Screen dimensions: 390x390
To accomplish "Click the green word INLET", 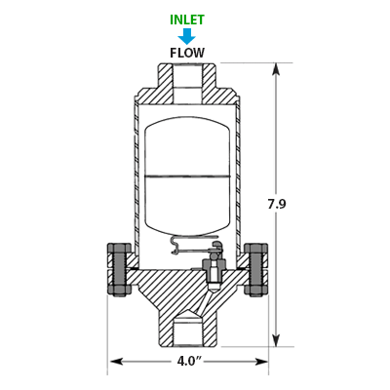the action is point(187,19).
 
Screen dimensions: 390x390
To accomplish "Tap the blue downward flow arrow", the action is point(187,36).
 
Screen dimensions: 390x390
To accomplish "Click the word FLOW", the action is point(187,53).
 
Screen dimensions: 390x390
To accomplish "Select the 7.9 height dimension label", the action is point(277,204).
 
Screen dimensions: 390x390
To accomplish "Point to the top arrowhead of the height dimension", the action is point(276,69).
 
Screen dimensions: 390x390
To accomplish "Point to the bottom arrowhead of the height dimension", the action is point(276,339).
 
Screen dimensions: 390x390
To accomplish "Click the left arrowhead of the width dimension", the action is point(116,362).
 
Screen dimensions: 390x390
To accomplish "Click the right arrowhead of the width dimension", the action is point(260,362).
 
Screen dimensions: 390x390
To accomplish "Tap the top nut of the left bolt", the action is point(119,249).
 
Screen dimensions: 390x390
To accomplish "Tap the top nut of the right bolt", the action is point(256,249).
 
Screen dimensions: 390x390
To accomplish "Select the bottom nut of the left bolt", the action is point(119,291).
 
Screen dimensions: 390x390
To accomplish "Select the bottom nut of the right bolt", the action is point(256,291).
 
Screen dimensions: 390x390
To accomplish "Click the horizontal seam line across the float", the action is point(187,176).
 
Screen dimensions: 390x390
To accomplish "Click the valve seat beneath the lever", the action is point(213,270).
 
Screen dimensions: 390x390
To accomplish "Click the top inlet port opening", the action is point(187,84).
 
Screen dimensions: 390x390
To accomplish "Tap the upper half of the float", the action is point(187,148).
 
